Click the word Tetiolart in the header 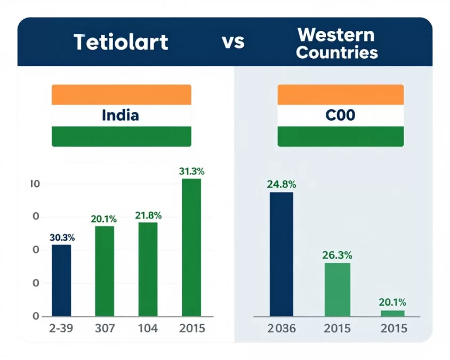(121, 42)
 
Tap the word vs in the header (233, 43)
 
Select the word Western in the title (336, 35)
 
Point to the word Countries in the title (337, 53)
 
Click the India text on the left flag (120, 115)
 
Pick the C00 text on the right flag (340, 115)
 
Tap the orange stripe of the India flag (122, 95)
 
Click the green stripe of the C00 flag (341, 137)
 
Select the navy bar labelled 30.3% (61, 281)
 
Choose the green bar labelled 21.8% (148, 269)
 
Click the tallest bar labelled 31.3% (191, 247)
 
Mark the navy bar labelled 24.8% (282, 254)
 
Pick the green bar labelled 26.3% (337, 290)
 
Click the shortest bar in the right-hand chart (392, 314)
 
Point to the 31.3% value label (192, 171)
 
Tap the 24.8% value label (282, 185)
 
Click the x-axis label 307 (105, 328)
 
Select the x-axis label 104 (148, 328)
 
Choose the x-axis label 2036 (282, 328)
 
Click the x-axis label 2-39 (61, 328)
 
